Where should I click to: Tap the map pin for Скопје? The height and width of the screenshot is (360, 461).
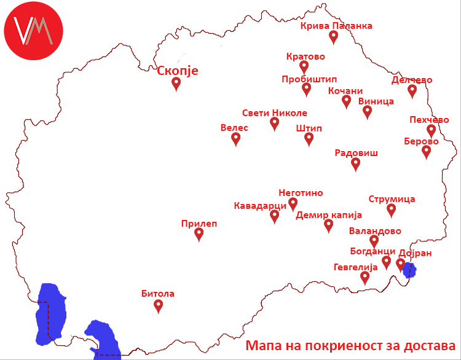[176, 84]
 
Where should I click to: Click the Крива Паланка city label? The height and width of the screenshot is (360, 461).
[336, 26]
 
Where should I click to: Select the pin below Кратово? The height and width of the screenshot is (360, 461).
[304, 67]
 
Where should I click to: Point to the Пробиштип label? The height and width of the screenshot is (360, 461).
[309, 79]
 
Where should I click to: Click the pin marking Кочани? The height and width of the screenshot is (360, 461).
[347, 101]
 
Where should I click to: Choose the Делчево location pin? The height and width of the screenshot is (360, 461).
[412, 91]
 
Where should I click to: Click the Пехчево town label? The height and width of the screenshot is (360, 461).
[430, 120]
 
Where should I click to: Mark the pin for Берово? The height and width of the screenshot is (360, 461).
[427, 152]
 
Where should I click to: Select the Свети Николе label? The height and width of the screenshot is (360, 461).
[274, 113]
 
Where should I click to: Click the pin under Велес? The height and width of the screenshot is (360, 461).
[236, 139]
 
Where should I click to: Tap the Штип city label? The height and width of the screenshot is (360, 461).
[309, 128]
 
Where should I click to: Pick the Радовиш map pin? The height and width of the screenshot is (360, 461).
[356, 163]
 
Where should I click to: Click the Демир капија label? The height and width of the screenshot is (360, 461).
[329, 215]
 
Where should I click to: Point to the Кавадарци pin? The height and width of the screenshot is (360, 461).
[275, 216]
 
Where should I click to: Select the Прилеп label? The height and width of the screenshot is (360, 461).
[199, 224]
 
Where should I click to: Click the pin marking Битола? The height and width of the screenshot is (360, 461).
[159, 305]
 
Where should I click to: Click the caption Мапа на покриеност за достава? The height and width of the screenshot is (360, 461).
[350, 345]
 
